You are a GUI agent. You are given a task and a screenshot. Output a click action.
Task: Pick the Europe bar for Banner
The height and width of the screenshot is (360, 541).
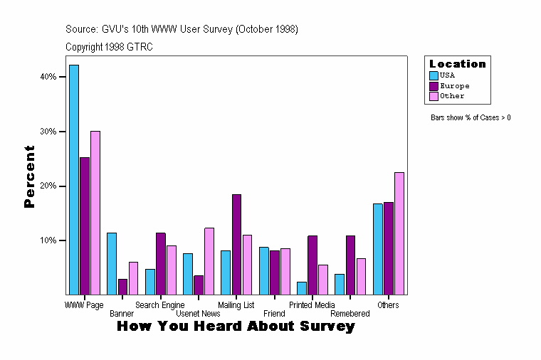122,287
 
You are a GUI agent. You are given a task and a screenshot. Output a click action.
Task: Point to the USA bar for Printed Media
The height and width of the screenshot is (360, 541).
302,288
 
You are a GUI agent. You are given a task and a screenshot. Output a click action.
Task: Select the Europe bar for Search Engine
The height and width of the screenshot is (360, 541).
161,263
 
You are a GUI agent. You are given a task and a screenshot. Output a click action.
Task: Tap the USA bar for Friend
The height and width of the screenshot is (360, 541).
264,270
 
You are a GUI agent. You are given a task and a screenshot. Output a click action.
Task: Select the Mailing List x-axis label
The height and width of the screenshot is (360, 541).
236,305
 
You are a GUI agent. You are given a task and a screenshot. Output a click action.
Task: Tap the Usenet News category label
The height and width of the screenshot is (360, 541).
198,314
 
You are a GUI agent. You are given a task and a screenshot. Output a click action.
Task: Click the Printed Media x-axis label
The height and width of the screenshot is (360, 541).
312,305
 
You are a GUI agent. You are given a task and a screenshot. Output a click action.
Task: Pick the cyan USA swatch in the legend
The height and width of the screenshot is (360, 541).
434,75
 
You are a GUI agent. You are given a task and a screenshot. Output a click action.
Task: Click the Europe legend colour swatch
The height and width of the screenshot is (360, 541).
434,85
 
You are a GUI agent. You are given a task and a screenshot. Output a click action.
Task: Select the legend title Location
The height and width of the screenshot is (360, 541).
458,64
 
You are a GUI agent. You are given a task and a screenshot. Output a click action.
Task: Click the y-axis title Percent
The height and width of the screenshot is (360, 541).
29,176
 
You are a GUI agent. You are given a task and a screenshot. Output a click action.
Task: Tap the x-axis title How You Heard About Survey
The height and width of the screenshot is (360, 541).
236,327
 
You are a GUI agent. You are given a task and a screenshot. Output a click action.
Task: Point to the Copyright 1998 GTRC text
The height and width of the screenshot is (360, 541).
109,47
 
